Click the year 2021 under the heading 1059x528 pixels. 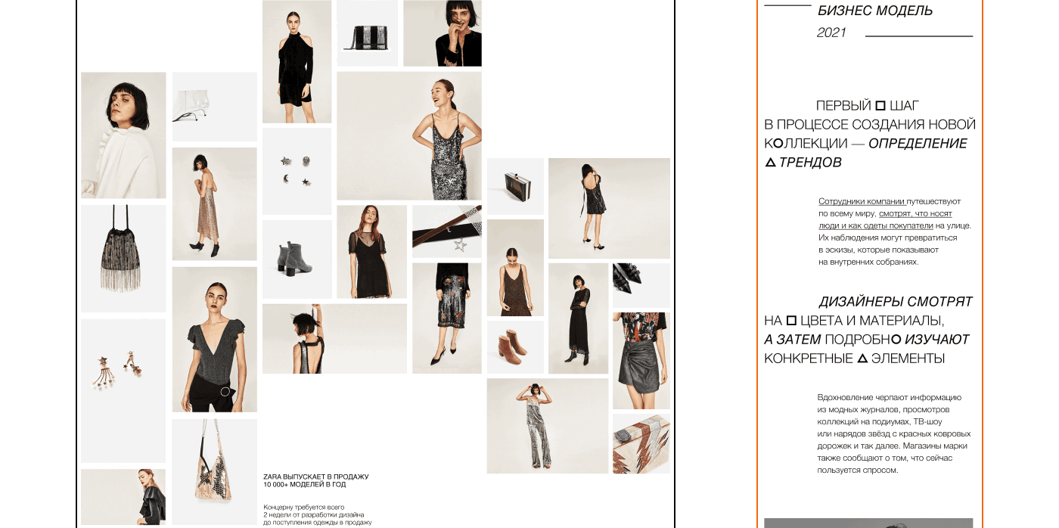coord(831,33)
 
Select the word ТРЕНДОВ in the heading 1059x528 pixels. coord(810,162)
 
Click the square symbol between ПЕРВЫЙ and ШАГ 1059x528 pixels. coord(880,105)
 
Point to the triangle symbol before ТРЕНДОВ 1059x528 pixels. coord(770,163)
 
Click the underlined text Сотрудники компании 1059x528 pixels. coord(862,201)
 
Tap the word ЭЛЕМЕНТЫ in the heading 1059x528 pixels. coord(908,359)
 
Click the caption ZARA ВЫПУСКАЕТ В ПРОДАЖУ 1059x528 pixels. coord(316,477)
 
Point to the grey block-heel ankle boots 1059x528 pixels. coord(294,258)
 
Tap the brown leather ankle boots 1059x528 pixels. coord(512,346)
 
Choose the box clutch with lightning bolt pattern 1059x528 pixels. coord(641,444)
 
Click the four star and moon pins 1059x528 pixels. coord(296,171)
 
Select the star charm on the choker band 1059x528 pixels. coord(460,244)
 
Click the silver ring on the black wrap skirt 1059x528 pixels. coord(225,391)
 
